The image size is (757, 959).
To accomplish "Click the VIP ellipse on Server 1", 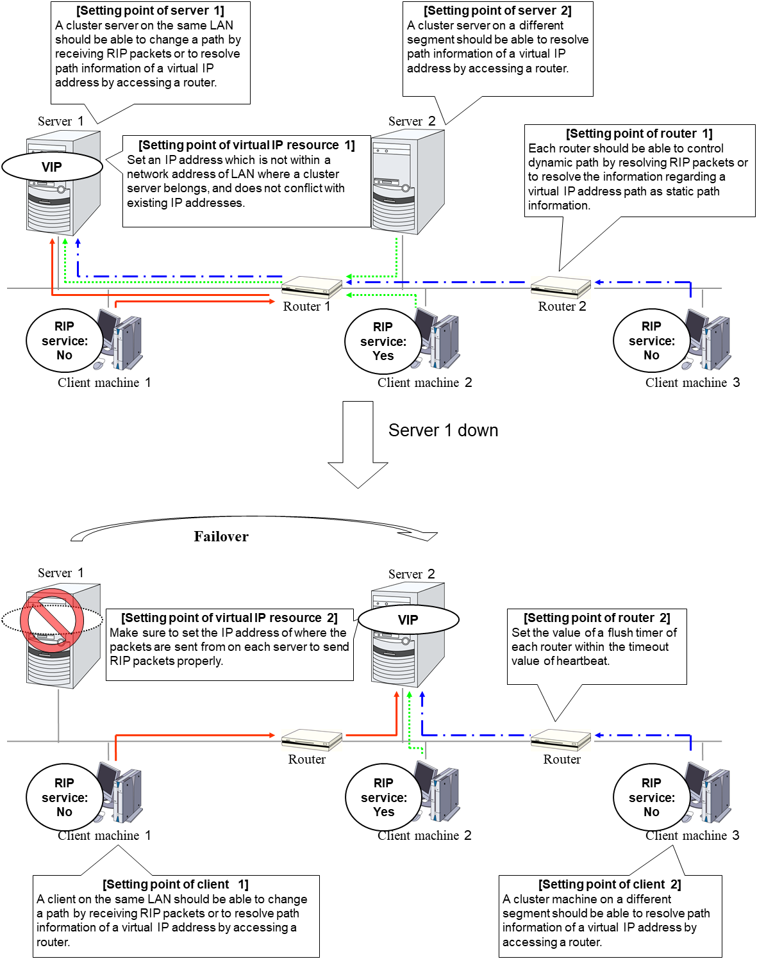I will coord(52,167).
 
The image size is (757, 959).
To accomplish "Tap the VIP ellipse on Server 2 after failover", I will coord(408,619).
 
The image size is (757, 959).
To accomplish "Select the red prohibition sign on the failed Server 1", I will coord(52,621).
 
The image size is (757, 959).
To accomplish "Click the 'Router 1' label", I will coord(306,306).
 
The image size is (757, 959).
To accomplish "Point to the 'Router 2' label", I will coord(562,306).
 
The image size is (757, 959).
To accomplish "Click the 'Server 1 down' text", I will coord(443,430).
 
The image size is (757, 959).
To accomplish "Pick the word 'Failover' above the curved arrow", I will coord(221,537).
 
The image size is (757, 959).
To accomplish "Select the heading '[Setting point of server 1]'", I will coord(150,11).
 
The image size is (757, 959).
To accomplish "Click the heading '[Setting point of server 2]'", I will coord(497,11).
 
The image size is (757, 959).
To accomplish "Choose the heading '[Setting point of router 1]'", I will coord(639,134).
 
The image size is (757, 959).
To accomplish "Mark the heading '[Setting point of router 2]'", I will coord(597,618).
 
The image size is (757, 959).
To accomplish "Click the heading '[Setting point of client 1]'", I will coord(176,885).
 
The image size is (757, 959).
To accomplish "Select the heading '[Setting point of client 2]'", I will coord(610,885).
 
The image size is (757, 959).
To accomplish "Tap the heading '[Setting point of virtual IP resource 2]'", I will coord(229,618).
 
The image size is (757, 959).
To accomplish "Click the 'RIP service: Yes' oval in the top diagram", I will coord(383,341).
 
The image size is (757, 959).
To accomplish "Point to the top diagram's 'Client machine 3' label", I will coord(692,382).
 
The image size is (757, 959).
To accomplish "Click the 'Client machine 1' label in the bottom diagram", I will coord(104,835).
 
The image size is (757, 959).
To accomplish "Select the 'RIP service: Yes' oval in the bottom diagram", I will coord(383,798).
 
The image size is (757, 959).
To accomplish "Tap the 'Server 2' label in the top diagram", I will coord(412,122).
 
